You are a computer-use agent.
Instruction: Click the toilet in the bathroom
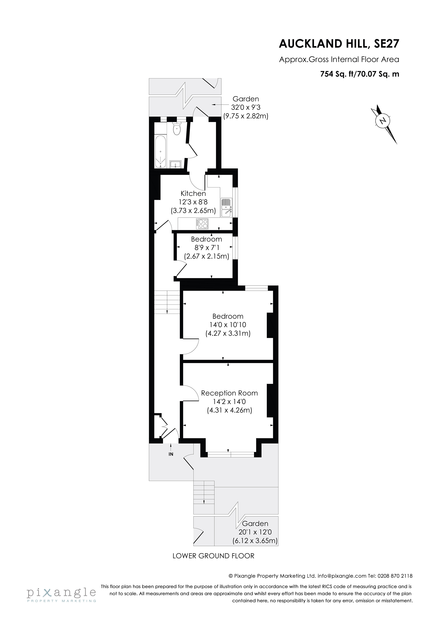click(177, 129)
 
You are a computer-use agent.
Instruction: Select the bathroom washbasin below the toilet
click(175, 164)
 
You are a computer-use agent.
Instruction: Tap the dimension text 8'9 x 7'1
click(206, 247)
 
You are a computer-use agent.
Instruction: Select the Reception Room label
click(229, 393)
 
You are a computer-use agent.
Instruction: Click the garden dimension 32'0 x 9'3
click(245, 107)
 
